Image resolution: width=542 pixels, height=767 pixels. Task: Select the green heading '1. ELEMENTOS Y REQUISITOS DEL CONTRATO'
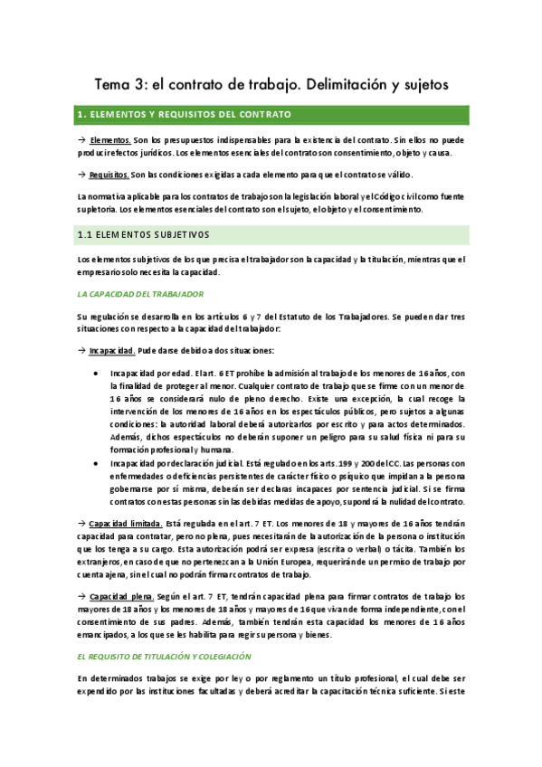[185, 115]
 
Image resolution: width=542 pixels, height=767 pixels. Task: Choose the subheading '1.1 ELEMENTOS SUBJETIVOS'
[143, 234]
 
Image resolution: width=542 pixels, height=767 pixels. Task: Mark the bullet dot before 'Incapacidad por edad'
[97, 373]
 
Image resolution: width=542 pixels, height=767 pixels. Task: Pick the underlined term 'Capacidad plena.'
[120, 597]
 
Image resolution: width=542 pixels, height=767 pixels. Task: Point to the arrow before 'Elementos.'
[81, 140]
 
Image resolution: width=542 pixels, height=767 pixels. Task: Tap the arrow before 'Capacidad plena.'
[81, 597]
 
